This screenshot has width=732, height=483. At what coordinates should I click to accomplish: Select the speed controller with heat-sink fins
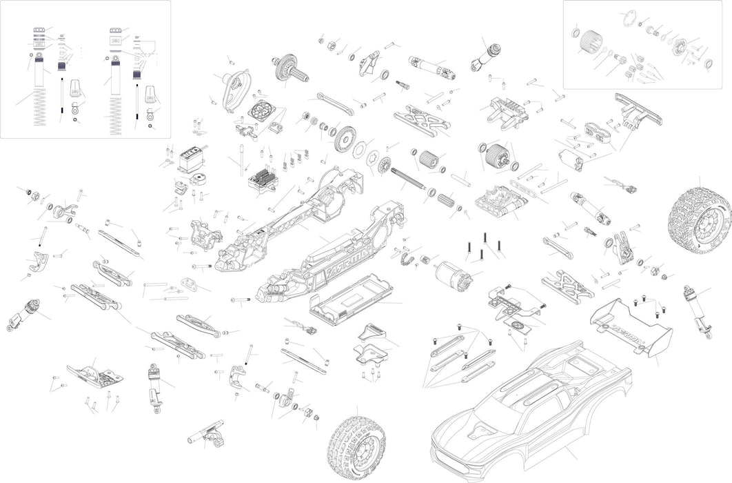click(x=263, y=182)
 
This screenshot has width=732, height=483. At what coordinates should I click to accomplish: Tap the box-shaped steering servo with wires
click(x=190, y=160)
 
